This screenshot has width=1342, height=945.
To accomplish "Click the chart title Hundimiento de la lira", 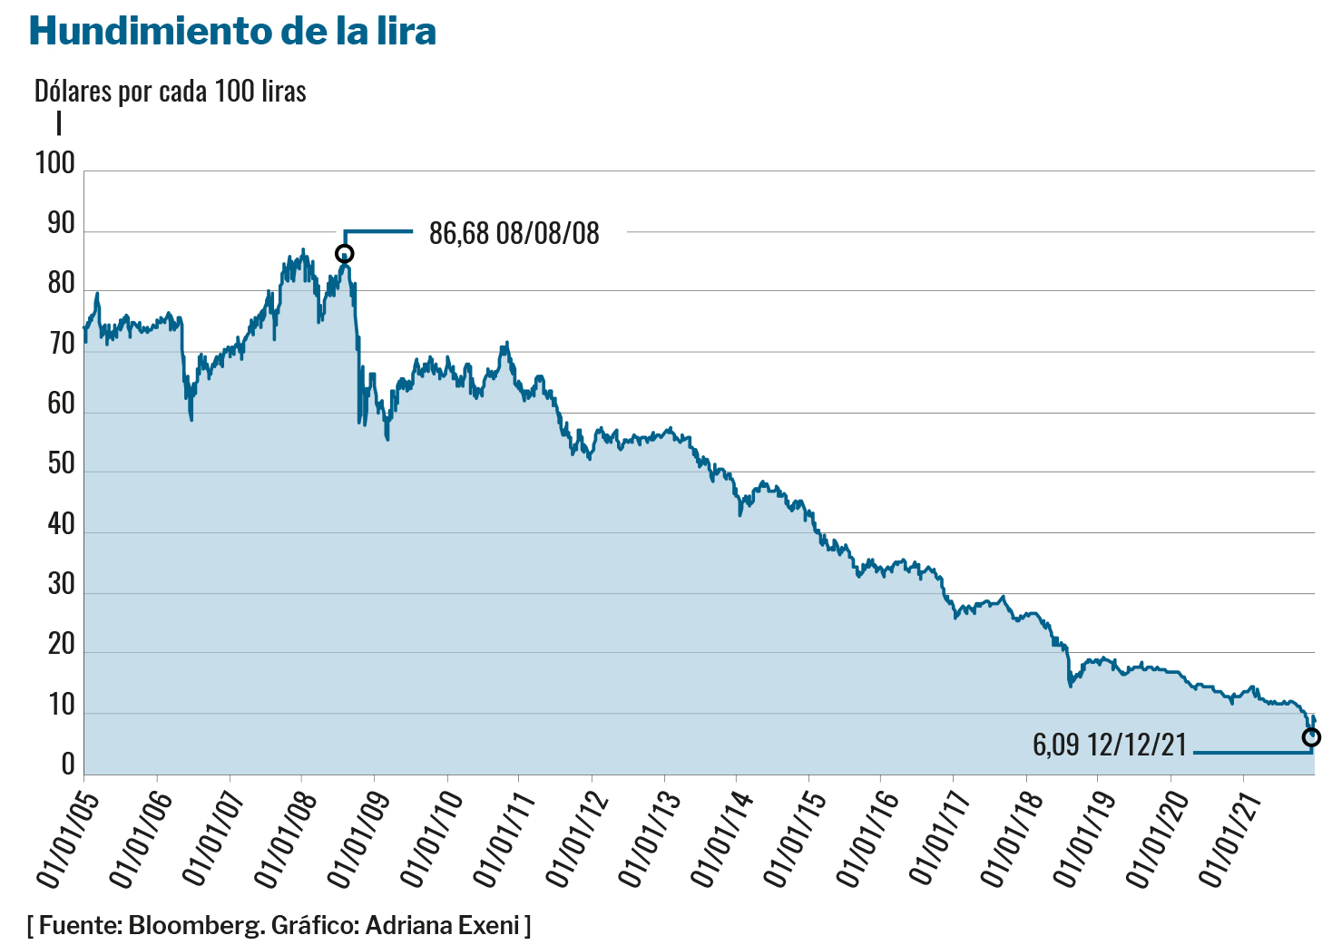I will (x=232, y=31).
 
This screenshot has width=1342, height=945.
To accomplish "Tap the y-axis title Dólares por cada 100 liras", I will (x=170, y=91).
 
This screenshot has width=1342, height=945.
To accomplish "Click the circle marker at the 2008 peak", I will (x=344, y=254).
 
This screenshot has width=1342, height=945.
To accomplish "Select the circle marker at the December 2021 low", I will (x=1311, y=737).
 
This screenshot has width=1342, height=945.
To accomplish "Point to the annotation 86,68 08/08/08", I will (x=514, y=233).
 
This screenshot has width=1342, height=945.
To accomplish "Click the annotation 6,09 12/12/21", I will (x=1109, y=745).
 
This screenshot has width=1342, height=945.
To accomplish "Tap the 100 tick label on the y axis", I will (x=54, y=163).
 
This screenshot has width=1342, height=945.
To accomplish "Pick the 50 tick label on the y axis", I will (x=61, y=464).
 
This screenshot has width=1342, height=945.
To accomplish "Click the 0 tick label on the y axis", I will (x=68, y=765).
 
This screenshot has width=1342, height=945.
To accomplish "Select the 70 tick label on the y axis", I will (x=61, y=345).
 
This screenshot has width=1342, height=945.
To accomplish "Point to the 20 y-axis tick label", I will (x=61, y=645).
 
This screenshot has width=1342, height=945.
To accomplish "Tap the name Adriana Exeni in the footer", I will (x=442, y=926).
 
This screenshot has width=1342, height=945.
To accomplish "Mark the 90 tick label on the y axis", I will (x=61, y=224).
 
